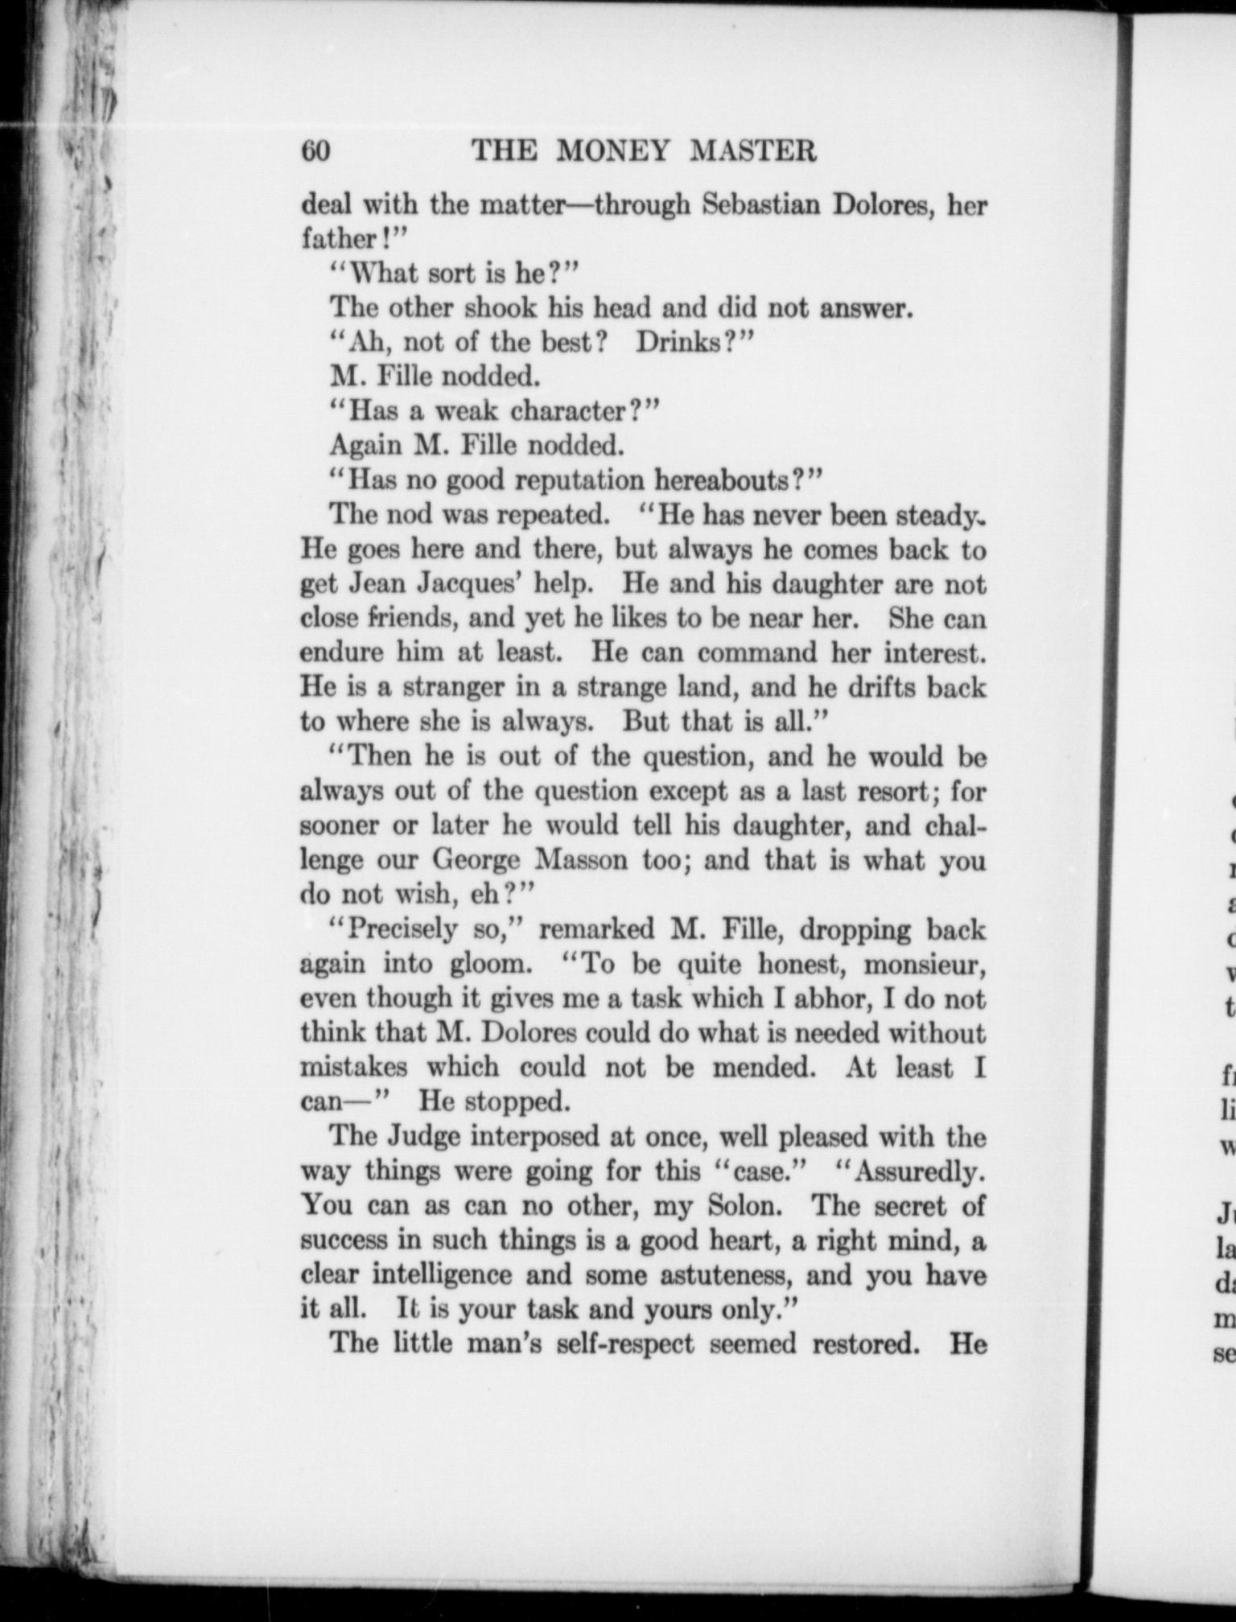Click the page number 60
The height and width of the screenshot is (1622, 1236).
click(316, 151)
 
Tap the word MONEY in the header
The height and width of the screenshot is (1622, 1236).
click(610, 151)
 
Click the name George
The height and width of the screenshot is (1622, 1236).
click(477, 860)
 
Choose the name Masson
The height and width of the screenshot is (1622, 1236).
click(580, 860)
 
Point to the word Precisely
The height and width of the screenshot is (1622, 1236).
click(409, 930)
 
